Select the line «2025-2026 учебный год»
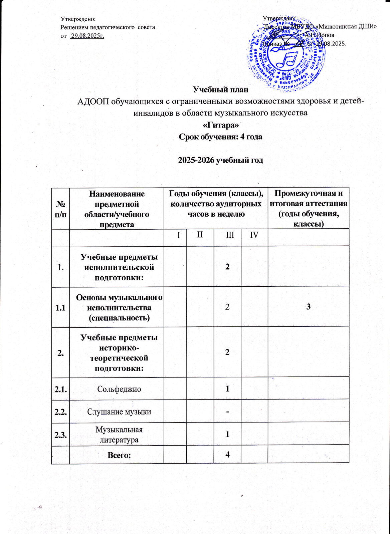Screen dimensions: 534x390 (221, 160)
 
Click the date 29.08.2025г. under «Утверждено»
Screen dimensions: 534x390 (87, 36)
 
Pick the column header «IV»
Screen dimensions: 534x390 (254, 235)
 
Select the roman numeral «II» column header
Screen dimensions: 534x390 (200, 235)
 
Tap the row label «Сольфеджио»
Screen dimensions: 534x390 (117, 388)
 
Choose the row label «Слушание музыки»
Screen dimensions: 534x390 (117, 412)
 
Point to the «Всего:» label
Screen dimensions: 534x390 (117, 455)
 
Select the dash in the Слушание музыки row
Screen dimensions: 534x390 (227, 412)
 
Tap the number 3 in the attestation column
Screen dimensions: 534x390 (308, 307)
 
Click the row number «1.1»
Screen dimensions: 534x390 (60, 307)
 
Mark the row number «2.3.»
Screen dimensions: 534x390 (60, 434)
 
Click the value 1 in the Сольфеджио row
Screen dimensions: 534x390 (227, 388)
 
